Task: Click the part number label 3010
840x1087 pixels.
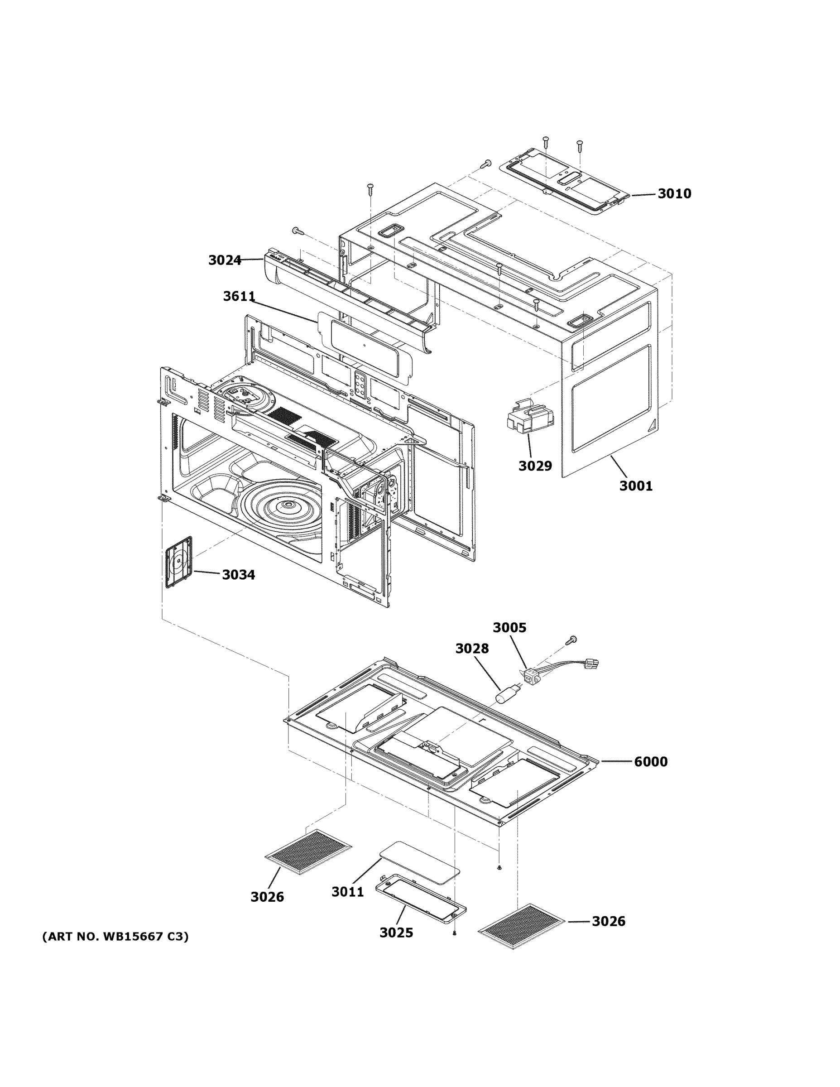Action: tap(674, 193)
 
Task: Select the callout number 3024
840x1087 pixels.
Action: tap(225, 260)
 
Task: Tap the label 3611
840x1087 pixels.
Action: tap(239, 297)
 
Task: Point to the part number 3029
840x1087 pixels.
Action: tap(535, 466)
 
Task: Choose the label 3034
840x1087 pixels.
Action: tap(238, 575)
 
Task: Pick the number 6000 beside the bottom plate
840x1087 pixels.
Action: tap(650, 761)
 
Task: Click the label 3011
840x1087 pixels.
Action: tap(348, 892)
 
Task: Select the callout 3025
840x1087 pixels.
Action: tap(396, 932)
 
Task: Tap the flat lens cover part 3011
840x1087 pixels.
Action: tap(419, 862)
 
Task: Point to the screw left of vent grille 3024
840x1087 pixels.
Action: tap(298, 231)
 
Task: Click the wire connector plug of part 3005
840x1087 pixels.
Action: tap(592, 664)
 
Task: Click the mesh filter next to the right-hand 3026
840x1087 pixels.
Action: tap(522, 925)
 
